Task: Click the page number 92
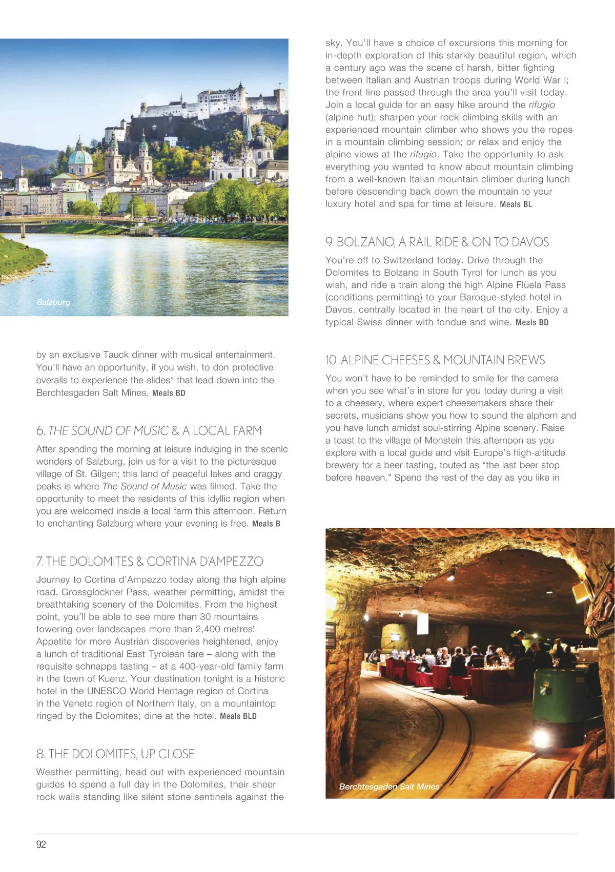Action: tap(41, 844)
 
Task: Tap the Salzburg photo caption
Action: tap(53, 302)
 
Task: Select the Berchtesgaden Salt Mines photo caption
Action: tap(389, 786)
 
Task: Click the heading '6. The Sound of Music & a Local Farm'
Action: tap(149, 430)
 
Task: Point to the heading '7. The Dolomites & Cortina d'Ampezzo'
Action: tap(150, 562)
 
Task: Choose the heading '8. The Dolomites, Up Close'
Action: tap(115, 754)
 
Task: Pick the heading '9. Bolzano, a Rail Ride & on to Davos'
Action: tap(437, 242)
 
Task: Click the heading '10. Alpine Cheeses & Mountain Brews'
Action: tap(435, 360)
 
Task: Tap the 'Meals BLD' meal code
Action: tap(238, 716)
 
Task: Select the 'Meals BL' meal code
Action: tap(516, 204)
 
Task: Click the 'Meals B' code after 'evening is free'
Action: tap(266, 524)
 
